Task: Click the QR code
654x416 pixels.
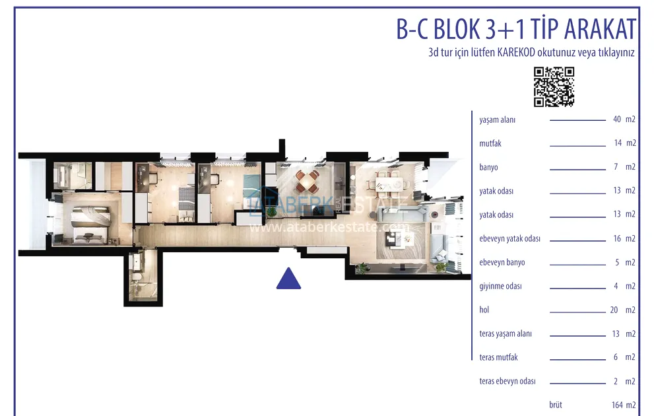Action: (554, 87)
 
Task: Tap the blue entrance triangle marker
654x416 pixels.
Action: (288, 279)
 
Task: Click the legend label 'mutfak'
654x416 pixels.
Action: (490, 143)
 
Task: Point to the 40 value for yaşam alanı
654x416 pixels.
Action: (617, 120)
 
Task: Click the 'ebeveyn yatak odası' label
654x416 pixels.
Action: (509, 238)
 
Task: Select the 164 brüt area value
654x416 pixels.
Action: (617, 405)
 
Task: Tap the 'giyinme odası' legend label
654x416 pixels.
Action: (500, 286)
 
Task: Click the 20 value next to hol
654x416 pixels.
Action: (614, 310)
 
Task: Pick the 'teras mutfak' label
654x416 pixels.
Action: (498, 357)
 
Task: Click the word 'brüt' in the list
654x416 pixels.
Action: (556, 405)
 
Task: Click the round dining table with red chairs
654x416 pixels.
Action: (308, 182)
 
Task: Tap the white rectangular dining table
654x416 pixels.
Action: (389, 184)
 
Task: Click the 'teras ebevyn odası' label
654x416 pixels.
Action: (507, 382)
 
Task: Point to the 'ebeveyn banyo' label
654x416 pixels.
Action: (502, 262)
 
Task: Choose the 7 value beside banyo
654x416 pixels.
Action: (616, 167)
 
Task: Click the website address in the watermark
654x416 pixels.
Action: (329, 227)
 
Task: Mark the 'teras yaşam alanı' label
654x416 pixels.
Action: (506, 334)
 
